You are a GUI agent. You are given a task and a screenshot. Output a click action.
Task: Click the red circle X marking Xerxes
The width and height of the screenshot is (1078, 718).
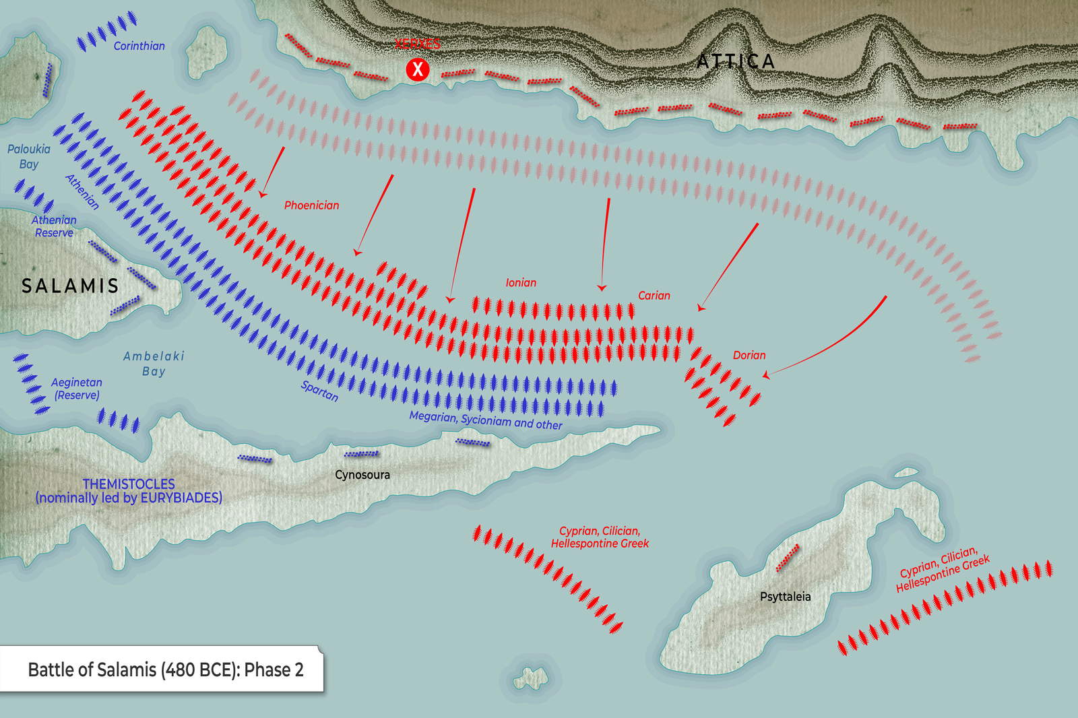click(x=418, y=69)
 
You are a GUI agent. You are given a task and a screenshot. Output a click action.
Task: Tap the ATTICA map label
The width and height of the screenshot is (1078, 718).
click(x=735, y=61)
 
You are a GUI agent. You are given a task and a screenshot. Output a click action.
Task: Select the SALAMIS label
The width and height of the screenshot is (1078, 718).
click(x=70, y=286)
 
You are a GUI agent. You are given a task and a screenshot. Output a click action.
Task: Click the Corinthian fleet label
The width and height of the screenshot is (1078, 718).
click(x=139, y=46)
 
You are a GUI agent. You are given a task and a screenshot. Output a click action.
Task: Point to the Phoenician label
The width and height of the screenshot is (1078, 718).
click(x=311, y=205)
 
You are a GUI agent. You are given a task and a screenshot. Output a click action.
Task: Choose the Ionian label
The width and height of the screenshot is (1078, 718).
click(x=521, y=283)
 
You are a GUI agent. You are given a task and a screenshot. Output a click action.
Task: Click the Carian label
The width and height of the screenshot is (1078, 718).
click(x=654, y=296)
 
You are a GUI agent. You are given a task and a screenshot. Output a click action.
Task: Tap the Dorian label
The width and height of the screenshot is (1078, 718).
click(x=749, y=355)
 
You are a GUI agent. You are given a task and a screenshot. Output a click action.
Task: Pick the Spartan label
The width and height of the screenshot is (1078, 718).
click(x=319, y=391)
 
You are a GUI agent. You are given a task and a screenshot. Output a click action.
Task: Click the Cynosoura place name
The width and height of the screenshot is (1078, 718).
click(x=362, y=475)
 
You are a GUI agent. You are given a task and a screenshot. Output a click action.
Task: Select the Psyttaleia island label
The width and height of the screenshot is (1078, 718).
click(x=785, y=597)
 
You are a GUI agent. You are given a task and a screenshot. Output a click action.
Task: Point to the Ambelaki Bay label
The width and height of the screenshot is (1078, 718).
click(x=154, y=364)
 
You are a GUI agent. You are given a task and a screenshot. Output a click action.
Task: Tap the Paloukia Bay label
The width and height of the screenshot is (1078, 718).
click(x=28, y=156)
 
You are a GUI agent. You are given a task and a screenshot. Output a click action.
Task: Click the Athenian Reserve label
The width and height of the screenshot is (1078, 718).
click(x=54, y=226)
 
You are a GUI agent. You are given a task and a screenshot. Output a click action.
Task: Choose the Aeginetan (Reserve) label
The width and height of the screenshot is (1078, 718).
click(x=77, y=389)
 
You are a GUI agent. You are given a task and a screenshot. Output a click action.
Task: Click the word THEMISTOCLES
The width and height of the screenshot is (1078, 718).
click(x=129, y=484)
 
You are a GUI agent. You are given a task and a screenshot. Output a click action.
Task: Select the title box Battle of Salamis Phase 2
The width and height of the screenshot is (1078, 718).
click(x=166, y=670)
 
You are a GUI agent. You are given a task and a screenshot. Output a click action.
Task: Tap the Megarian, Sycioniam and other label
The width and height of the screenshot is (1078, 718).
click(x=486, y=420)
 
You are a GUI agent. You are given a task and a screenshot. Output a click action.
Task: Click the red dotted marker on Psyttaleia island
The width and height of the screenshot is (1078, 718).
click(x=787, y=558)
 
